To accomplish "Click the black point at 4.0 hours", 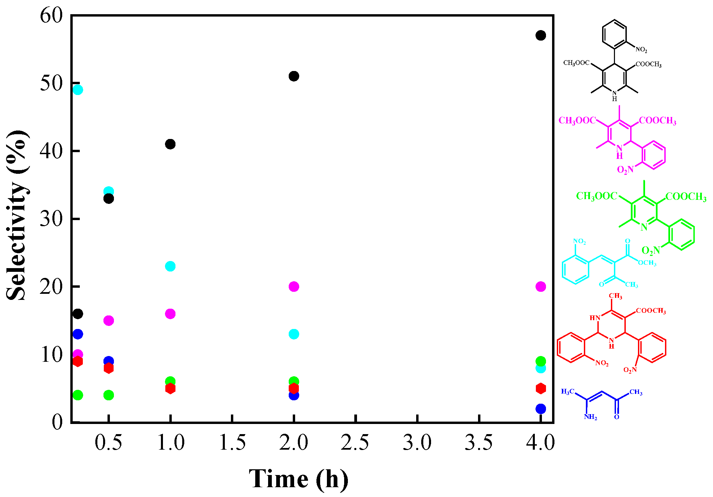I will pos(541,35).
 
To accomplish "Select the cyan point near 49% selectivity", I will pos(78,90).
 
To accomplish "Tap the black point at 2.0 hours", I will pos(294,76).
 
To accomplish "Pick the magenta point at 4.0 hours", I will pos(541,287).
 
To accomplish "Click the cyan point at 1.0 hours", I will pos(170,266).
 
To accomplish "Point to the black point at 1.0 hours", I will pos(170,144).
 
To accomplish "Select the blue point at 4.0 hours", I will pos(541,409).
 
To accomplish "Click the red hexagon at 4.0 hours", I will pos(541,388).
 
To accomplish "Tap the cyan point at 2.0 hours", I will pos(294,334).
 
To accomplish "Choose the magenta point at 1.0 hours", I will pos(170,314).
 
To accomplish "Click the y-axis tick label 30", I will pos(51,219).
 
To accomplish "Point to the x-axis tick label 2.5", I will pos(355,442).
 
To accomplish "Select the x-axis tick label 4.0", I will pos(540,442).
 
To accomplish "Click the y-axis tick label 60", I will pos(51,16).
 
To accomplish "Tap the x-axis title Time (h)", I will pos(299,479).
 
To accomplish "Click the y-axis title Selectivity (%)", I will pos(17,215).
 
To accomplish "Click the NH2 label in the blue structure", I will pos(590,417).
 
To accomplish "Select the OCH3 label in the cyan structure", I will pos(647,263).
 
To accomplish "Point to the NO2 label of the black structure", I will pos(641,50).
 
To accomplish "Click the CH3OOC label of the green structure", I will pos(597,196).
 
